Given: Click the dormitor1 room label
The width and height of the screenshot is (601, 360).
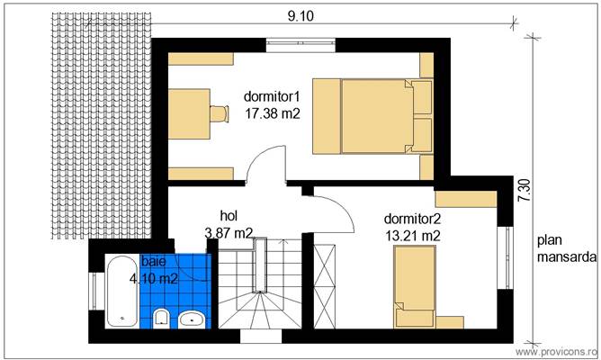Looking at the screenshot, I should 272,94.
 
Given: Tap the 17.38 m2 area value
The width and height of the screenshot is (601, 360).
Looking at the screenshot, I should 272,113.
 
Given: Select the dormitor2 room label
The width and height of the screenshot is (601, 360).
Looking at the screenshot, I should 411,218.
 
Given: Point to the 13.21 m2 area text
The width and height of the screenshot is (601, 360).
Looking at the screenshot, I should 411,236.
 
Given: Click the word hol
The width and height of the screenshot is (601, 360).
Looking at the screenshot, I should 229,215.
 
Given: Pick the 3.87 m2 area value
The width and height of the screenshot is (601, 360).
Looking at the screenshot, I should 229,233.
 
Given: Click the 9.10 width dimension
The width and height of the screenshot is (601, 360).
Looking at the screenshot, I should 300,15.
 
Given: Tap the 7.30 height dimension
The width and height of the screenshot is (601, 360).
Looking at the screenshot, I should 525,191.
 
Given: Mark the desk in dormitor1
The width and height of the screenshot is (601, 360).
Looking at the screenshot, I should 189,113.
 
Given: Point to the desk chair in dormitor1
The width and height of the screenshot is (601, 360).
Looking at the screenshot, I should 219,112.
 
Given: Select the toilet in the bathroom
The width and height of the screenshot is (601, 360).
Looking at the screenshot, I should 163,319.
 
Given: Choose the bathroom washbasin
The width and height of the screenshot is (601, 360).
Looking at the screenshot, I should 193,319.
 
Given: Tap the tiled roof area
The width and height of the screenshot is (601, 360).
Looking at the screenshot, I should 98,126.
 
